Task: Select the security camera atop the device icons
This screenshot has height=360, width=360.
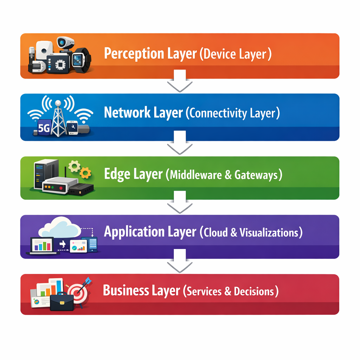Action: [65, 42]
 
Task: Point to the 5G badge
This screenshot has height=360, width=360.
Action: [44, 128]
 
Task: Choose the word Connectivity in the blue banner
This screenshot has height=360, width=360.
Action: [217, 113]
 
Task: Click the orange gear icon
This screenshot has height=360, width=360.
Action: [85, 172]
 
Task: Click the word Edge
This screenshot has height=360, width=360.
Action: [118, 174]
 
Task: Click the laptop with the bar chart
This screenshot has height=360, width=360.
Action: [42, 245]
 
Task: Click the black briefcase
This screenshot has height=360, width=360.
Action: [62, 302]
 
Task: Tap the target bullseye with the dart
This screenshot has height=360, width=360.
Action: [77, 293]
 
